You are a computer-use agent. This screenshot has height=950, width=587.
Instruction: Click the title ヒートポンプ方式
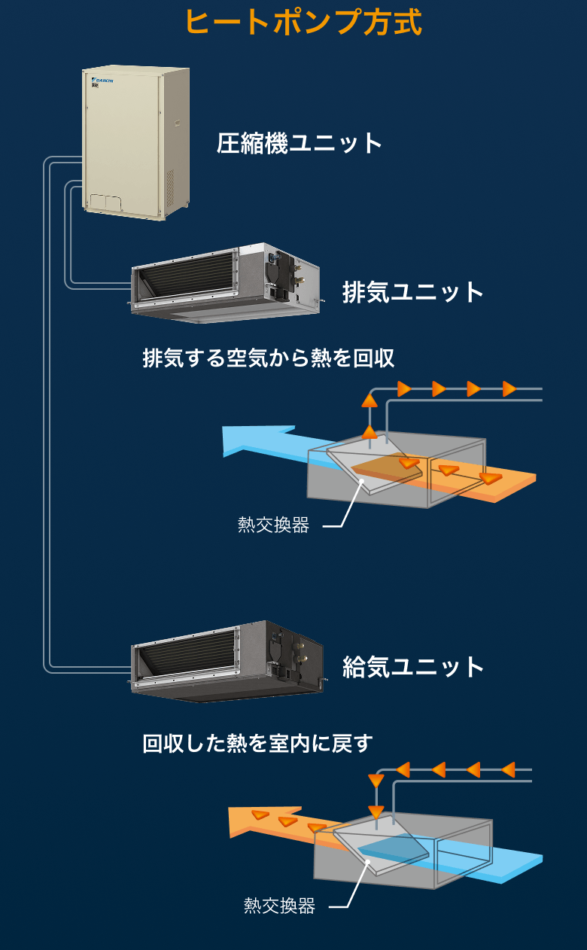click(x=303, y=22)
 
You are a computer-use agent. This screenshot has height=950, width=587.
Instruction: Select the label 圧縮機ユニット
click(x=300, y=143)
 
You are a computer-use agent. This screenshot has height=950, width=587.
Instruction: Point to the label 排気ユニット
click(x=413, y=292)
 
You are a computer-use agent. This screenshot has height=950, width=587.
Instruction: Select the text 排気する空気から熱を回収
click(x=269, y=358)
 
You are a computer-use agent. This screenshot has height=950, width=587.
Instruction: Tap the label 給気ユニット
click(x=413, y=667)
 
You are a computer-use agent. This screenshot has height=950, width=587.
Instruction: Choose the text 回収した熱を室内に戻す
click(x=257, y=744)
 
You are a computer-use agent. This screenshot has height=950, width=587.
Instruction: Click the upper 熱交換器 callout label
click(x=273, y=525)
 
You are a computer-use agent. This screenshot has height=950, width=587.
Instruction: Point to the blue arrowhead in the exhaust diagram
click(x=245, y=441)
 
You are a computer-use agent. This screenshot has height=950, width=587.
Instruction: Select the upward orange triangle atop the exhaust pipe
click(x=369, y=399)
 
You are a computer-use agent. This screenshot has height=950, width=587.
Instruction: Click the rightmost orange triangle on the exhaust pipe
click(x=509, y=389)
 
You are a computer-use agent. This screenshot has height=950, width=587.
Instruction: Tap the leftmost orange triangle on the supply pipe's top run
click(x=403, y=770)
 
